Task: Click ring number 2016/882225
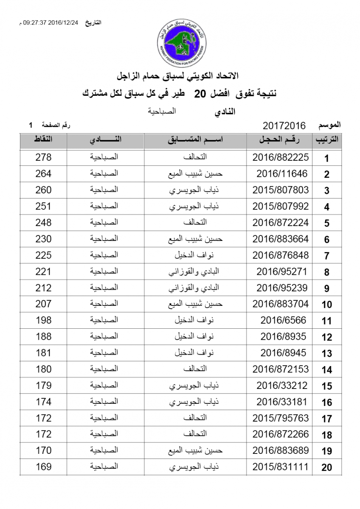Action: click(x=280, y=157)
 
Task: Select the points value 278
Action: click(x=43, y=157)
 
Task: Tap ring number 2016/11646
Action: click(x=282, y=173)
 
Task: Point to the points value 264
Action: click(x=43, y=173)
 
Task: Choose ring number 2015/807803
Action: click(x=280, y=190)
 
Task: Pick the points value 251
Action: click(x=43, y=206)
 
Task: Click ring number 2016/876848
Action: click(x=280, y=255)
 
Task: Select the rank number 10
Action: click(x=326, y=305)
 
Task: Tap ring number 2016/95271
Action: click(x=282, y=271)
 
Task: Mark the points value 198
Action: click(x=43, y=320)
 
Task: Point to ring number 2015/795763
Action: click(x=280, y=418)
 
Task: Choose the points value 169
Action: click(x=43, y=467)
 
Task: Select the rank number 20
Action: click(x=326, y=468)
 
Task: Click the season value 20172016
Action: click(x=284, y=126)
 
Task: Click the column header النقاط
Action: click(x=43, y=140)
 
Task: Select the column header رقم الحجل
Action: click(x=280, y=140)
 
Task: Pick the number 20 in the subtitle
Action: click(x=200, y=94)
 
